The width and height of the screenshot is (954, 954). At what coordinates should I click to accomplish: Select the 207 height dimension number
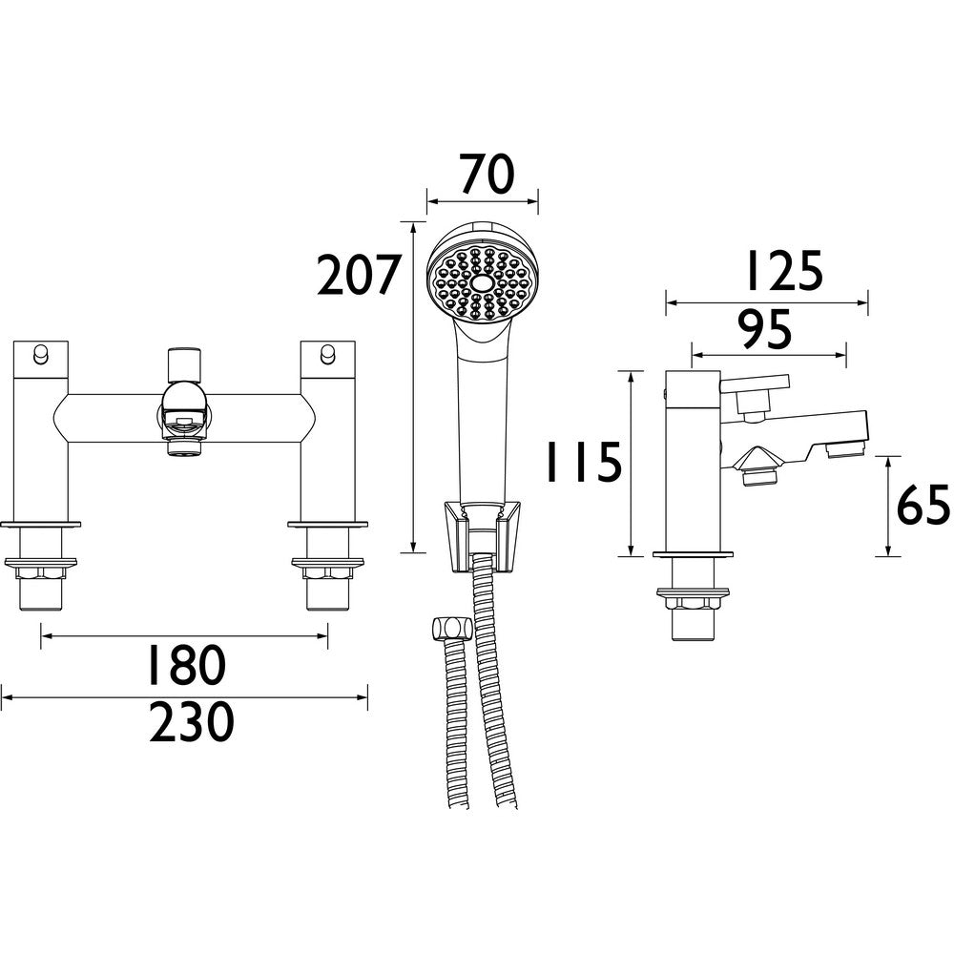[x=358, y=277]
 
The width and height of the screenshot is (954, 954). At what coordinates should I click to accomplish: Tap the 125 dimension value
[x=781, y=272]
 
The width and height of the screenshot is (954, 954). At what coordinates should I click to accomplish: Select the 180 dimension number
[x=186, y=665]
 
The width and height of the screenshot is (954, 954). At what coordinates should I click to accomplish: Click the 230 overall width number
[x=191, y=723]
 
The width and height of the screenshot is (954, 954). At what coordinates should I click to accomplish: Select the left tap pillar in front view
[x=41, y=429]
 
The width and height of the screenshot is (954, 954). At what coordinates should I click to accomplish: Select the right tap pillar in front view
[x=327, y=429]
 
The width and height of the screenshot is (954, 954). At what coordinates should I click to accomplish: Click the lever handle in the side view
[x=755, y=385]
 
